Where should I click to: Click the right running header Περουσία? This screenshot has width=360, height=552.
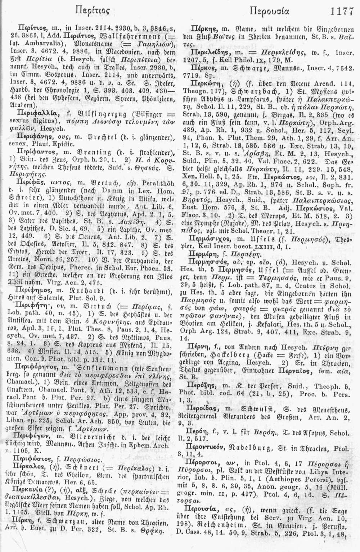pos(267,12)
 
